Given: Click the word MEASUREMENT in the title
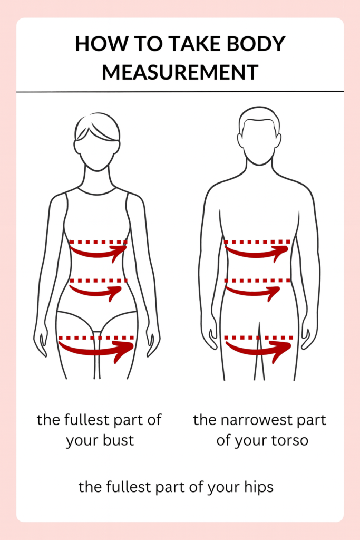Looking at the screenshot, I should pyautogui.click(x=180, y=72).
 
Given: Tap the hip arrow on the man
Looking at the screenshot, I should pyautogui.click(x=258, y=349).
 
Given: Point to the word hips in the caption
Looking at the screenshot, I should pyautogui.click(x=258, y=487).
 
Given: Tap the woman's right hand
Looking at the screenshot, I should pyautogui.click(x=41, y=343).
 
